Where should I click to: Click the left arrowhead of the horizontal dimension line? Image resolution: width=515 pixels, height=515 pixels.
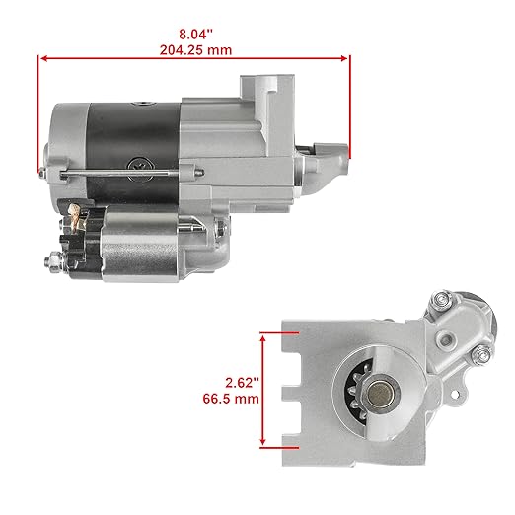click(x=41, y=58)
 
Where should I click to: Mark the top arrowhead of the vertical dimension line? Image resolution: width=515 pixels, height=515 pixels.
click(x=264, y=336)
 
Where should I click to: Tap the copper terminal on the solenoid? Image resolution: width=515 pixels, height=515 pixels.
click(x=73, y=210)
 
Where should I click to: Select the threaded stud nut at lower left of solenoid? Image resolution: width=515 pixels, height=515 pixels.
click(x=50, y=260)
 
